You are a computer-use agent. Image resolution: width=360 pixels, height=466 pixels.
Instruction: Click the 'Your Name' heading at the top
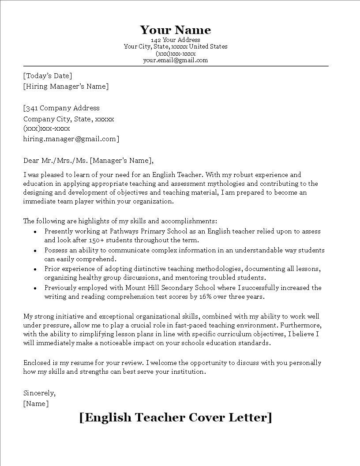tap(176, 30)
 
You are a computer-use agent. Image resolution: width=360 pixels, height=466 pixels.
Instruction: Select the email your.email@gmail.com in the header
tap(176, 60)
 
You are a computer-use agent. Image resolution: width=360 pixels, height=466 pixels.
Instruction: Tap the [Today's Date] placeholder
tap(48, 76)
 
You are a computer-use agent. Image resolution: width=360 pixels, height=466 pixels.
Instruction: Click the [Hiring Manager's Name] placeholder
tap(66, 86)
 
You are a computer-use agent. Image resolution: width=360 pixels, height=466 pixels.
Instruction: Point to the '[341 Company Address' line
tap(61, 108)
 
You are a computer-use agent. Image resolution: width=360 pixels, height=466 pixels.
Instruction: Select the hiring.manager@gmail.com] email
tap(71, 139)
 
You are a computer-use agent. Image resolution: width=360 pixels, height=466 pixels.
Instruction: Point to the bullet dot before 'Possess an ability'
tap(35, 251)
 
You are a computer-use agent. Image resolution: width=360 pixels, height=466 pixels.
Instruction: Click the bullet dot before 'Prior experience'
tap(35, 269)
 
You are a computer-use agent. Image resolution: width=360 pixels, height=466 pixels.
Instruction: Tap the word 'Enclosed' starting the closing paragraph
tap(37, 363)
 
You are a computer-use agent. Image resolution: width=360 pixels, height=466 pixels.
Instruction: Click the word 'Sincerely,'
tap(39, 393)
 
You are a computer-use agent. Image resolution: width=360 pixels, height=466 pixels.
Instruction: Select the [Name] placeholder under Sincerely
tap(36, 403)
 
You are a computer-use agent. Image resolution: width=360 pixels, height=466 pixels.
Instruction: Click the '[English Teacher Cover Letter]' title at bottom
tap(176, 417)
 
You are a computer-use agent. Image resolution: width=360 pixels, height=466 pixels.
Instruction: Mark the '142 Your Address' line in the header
tap(176, 40)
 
